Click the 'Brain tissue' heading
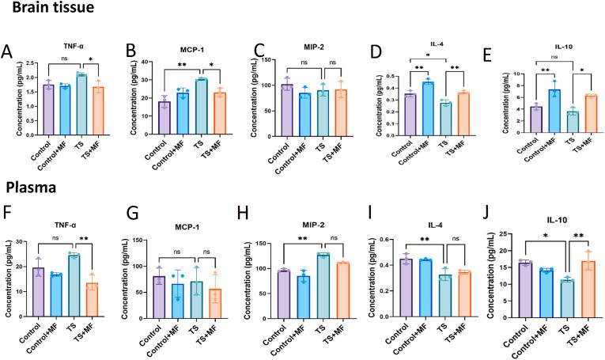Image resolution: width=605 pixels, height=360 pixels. click(x=48, y=9)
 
